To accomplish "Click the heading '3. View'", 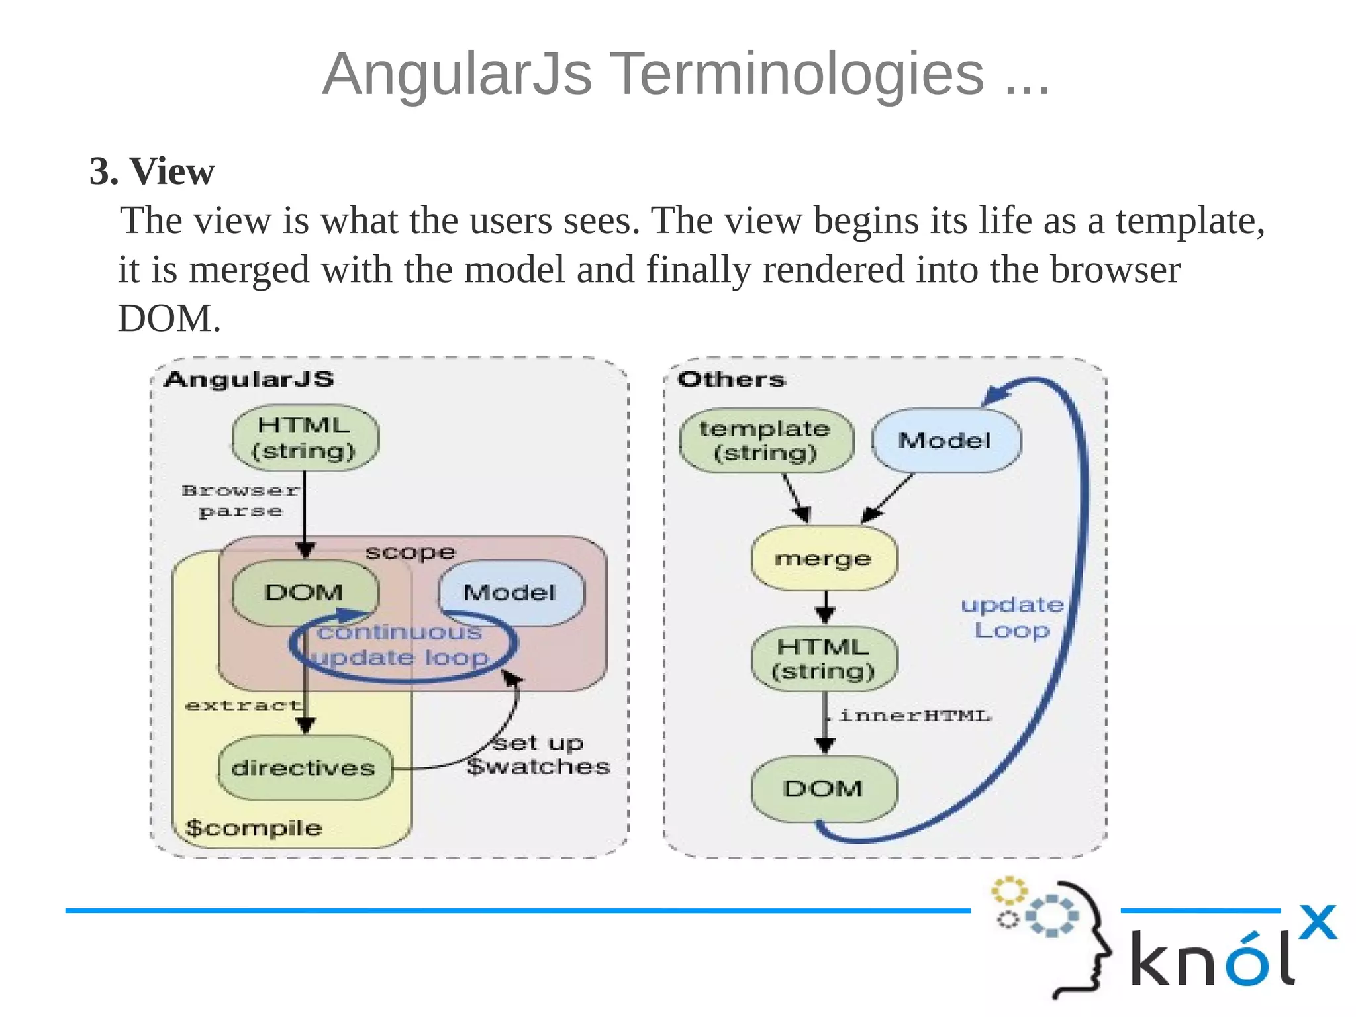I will coord(152,171).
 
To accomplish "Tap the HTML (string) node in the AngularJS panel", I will coord(305,438).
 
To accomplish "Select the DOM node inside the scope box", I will coord(305,592).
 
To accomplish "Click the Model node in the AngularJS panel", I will coord(510,592).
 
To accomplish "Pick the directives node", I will coord(304,768).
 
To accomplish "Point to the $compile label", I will coord(254,828).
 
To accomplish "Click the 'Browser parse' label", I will coord(240,501).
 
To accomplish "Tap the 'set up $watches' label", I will coord(538,755).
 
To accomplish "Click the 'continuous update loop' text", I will coord(401,645).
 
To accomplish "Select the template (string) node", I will coord(765,441).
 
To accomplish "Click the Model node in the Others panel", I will coord(945,441).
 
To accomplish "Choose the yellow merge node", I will coord(824,559).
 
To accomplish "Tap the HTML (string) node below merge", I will coord(824,659).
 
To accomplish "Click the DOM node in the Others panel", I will coord(824,788).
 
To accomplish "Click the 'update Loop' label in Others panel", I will coord(1012,617).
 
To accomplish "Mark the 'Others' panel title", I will coord(731,379).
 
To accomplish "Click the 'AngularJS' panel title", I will coord(249,379).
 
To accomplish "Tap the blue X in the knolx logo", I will coord(1318,922).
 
